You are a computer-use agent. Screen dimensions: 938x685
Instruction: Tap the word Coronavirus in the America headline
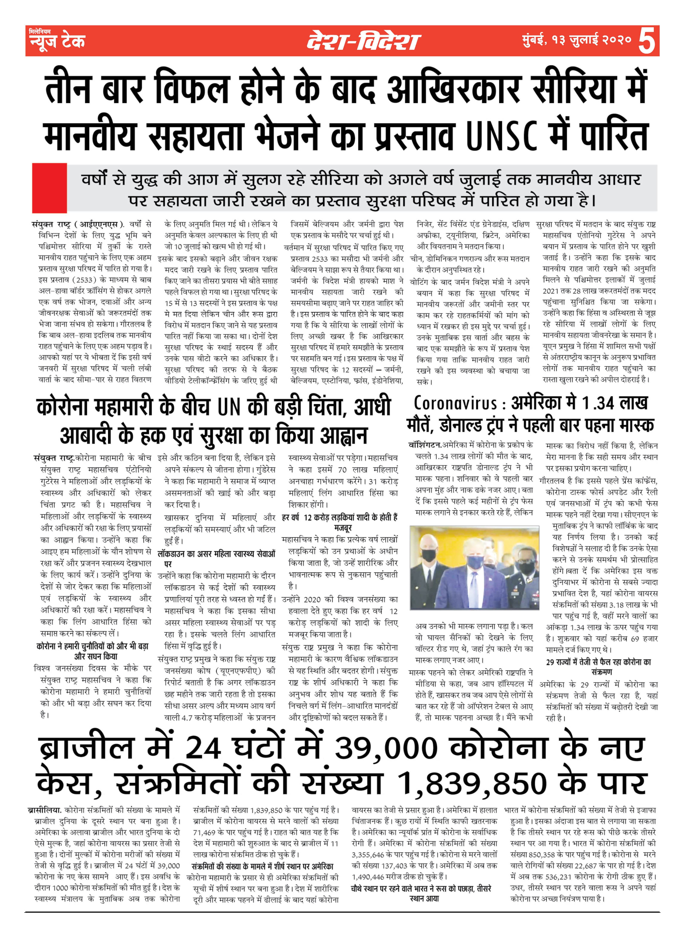coord(455,403)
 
